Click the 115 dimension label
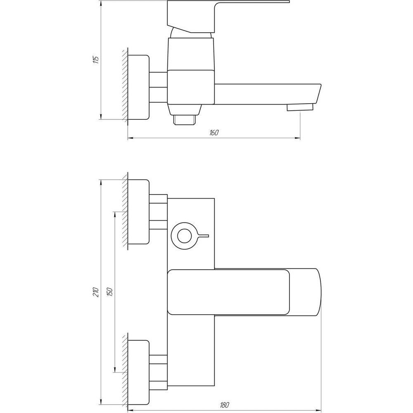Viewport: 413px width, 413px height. [x=96, y=60]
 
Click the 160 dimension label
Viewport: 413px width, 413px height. [x=214, y=132]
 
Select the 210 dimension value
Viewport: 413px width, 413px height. [x=96, y=292]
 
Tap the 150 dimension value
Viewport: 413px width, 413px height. [x=110, y=292]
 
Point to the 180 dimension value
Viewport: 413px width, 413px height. [x=224, y=405]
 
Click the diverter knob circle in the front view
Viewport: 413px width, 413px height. [x=184, y=236]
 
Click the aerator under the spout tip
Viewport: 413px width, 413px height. [x=300, y=107]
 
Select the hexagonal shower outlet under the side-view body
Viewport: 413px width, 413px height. [x=184, y=120]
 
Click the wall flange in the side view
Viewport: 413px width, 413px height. [x=138, y=87]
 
